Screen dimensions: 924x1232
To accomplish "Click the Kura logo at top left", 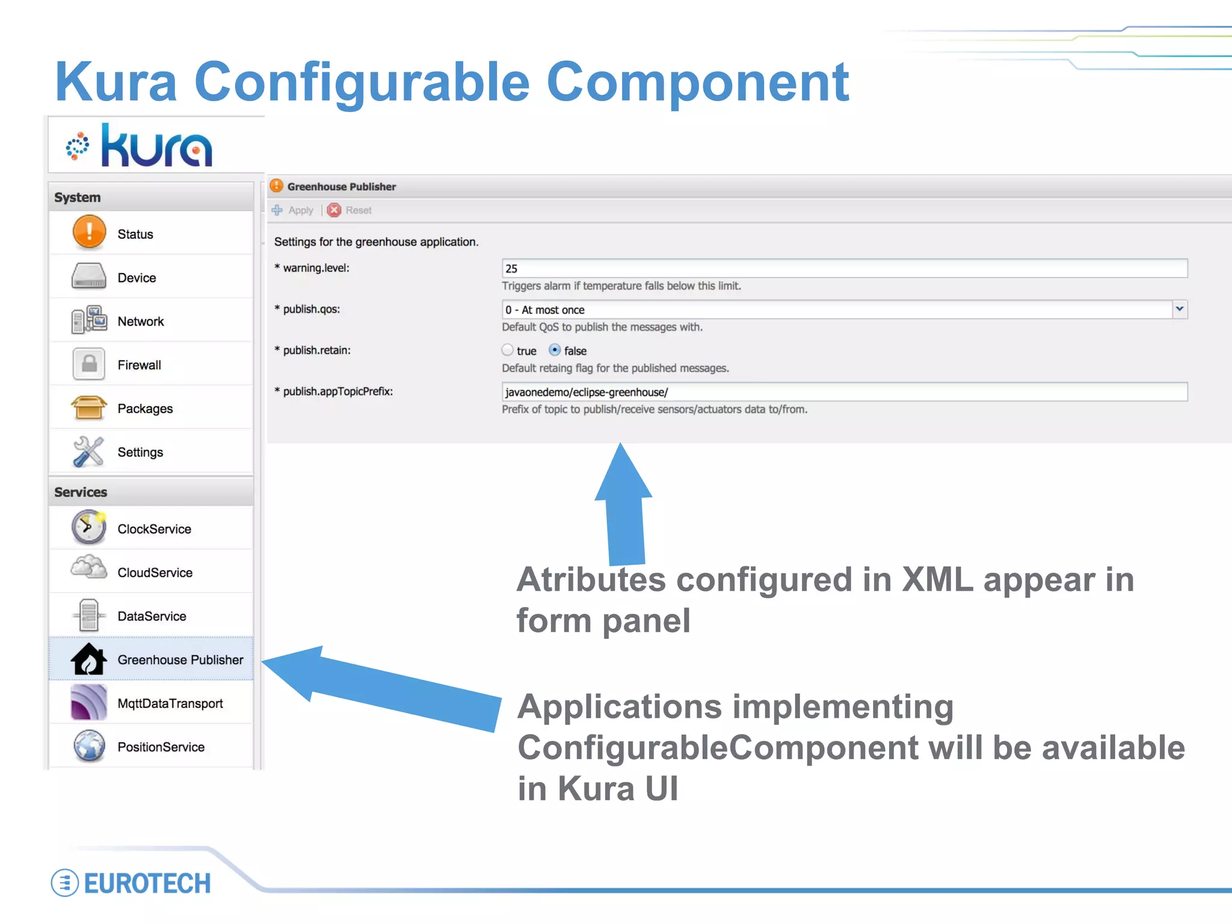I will [140, 146].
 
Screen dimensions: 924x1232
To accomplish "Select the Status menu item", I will [135, 234].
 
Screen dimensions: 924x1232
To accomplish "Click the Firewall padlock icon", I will [89, 364].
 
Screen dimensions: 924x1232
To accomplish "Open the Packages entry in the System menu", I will [144, 408].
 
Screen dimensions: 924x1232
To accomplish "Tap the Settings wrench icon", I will [88, 451].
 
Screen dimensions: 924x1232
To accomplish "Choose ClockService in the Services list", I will [154, 529].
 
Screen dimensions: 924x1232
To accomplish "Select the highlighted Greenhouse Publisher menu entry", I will [180, 659].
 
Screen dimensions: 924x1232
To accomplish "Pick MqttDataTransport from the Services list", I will [170, 703].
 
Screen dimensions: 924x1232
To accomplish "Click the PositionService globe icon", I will [89, 746].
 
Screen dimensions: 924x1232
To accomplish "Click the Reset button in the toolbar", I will [351, 210].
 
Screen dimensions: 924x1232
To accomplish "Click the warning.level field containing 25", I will [844, 268].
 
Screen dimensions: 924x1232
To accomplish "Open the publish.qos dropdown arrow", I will [1179, 309].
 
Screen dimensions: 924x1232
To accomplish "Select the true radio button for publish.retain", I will [508, 350].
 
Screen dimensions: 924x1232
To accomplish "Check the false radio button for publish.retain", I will [555, 350].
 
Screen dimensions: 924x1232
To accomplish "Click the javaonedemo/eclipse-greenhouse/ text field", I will [844, 392].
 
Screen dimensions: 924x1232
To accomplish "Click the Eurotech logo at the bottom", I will [131, 882].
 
